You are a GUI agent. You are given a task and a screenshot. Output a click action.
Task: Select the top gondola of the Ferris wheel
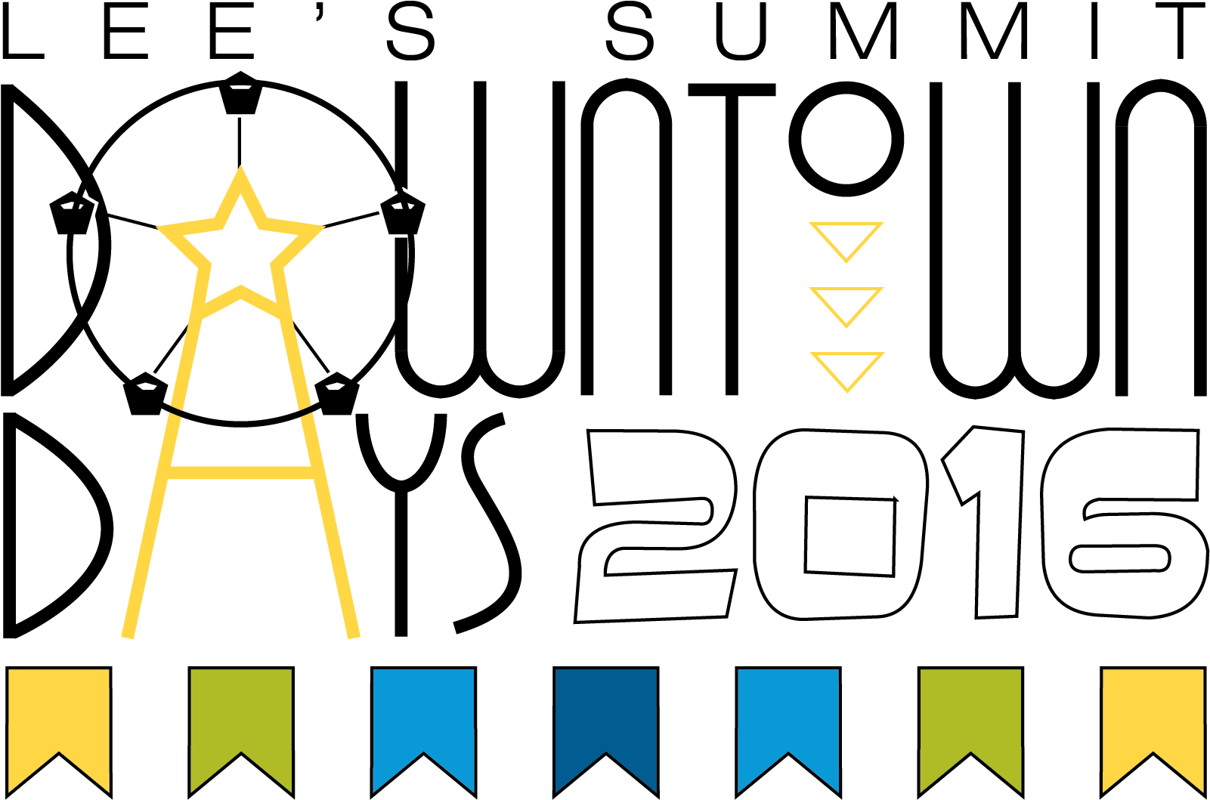(x=240, y=93)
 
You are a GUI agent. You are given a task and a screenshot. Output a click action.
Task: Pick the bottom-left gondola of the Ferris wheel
(x=145, y=394)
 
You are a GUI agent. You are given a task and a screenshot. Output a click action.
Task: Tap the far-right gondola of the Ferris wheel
(x=403, y=213)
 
